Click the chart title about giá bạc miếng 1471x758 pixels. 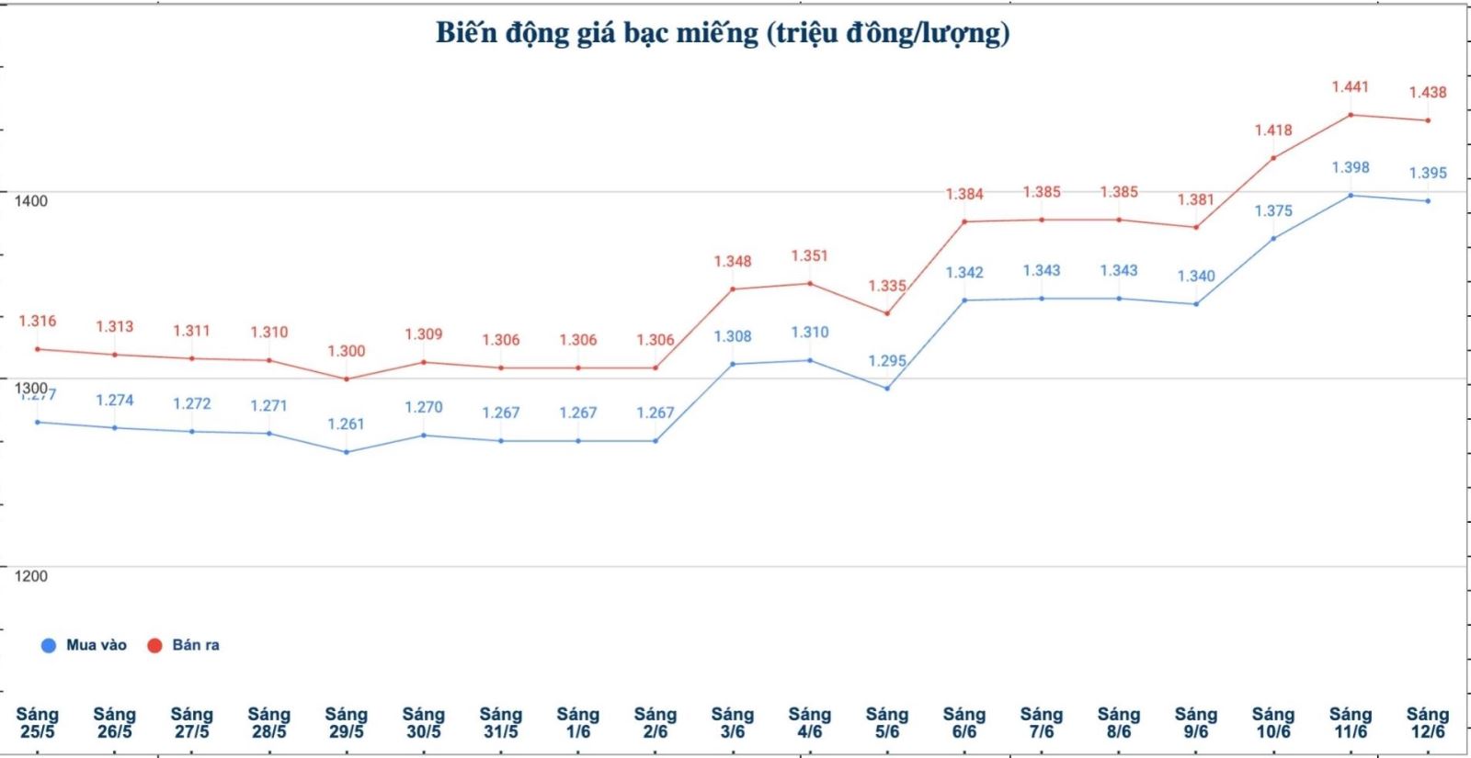(723, 33)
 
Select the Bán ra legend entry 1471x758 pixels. (185, 645)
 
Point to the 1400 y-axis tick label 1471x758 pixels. (30, 201)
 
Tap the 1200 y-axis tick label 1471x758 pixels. (30, 576)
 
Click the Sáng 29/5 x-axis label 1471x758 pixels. (347, 723)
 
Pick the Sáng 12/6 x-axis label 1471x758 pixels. (1428, 723)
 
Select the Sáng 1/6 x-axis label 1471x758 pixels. (578, 723)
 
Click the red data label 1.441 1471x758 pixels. (1351, 87)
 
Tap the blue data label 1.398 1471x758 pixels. (1351, 167)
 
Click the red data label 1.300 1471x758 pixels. (347, 351)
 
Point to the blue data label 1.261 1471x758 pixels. (347, 424)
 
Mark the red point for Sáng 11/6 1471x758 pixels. (1351, 115)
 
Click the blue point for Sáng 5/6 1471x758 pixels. (887, 388)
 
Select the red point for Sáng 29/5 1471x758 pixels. (347, 379)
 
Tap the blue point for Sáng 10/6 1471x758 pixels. (1273, 238)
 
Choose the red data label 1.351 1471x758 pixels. (810, 255)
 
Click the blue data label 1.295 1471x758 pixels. (887, 361)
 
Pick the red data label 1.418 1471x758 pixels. (1273, 130)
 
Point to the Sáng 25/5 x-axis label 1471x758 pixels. (38, 723)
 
